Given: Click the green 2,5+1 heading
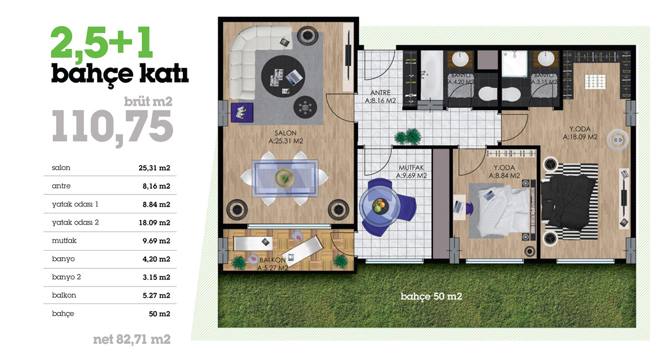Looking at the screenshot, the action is (102, 43).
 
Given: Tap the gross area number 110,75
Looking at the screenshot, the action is (112, 127).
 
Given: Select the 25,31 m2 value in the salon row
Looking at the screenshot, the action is (155, 168).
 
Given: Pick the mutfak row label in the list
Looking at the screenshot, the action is (64, 241).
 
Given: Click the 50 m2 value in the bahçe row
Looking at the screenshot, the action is (160, 313).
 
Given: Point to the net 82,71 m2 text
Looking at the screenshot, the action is (132, 339).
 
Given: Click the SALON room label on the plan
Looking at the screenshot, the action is (286, 133).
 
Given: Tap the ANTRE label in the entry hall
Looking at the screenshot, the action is (380, 93).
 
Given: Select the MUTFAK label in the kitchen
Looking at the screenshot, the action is (411, 168).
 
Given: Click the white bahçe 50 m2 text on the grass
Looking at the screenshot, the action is (431, 296).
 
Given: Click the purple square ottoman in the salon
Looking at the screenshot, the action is (242, 112).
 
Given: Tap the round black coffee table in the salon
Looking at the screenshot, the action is (283, 76).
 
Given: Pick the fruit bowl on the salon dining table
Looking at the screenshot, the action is (285, 178).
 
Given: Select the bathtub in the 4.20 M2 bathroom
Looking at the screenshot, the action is (431, 76).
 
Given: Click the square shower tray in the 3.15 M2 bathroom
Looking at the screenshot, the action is (514, 63).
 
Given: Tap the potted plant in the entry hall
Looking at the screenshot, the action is (408, 137).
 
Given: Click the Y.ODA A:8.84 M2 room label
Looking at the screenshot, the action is (505, 172).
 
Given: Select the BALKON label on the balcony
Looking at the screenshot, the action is (272, 260).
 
